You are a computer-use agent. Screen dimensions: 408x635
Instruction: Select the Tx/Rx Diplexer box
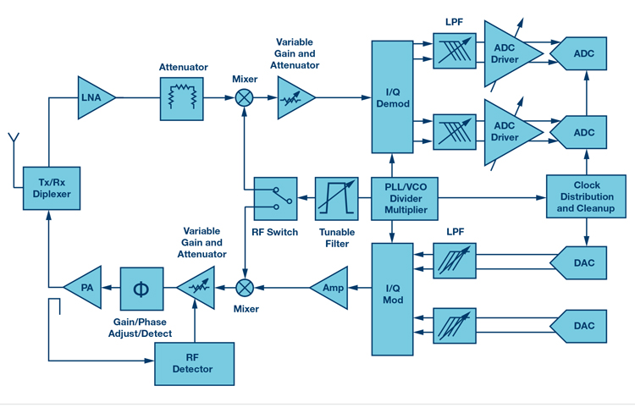[47, 188]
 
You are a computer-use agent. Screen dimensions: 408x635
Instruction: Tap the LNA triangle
[92, 98]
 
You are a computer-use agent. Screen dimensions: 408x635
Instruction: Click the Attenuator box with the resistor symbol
[182, 98]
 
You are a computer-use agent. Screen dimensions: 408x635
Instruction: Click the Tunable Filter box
[336, 199]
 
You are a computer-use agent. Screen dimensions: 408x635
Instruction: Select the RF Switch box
[274, 200]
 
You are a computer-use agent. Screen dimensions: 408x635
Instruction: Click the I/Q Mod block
[393, 297]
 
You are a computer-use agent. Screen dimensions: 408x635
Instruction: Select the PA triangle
[84, 287]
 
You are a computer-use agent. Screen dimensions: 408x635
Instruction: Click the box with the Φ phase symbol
[141, 288]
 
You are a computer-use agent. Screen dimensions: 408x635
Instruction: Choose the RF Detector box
[196, 364]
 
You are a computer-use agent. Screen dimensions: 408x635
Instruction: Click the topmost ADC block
[584, 53]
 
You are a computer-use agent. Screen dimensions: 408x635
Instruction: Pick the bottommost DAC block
[584, 326]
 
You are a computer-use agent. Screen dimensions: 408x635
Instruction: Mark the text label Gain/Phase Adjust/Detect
[141, 328]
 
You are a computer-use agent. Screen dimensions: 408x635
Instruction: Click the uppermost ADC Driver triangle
[508, 54]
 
